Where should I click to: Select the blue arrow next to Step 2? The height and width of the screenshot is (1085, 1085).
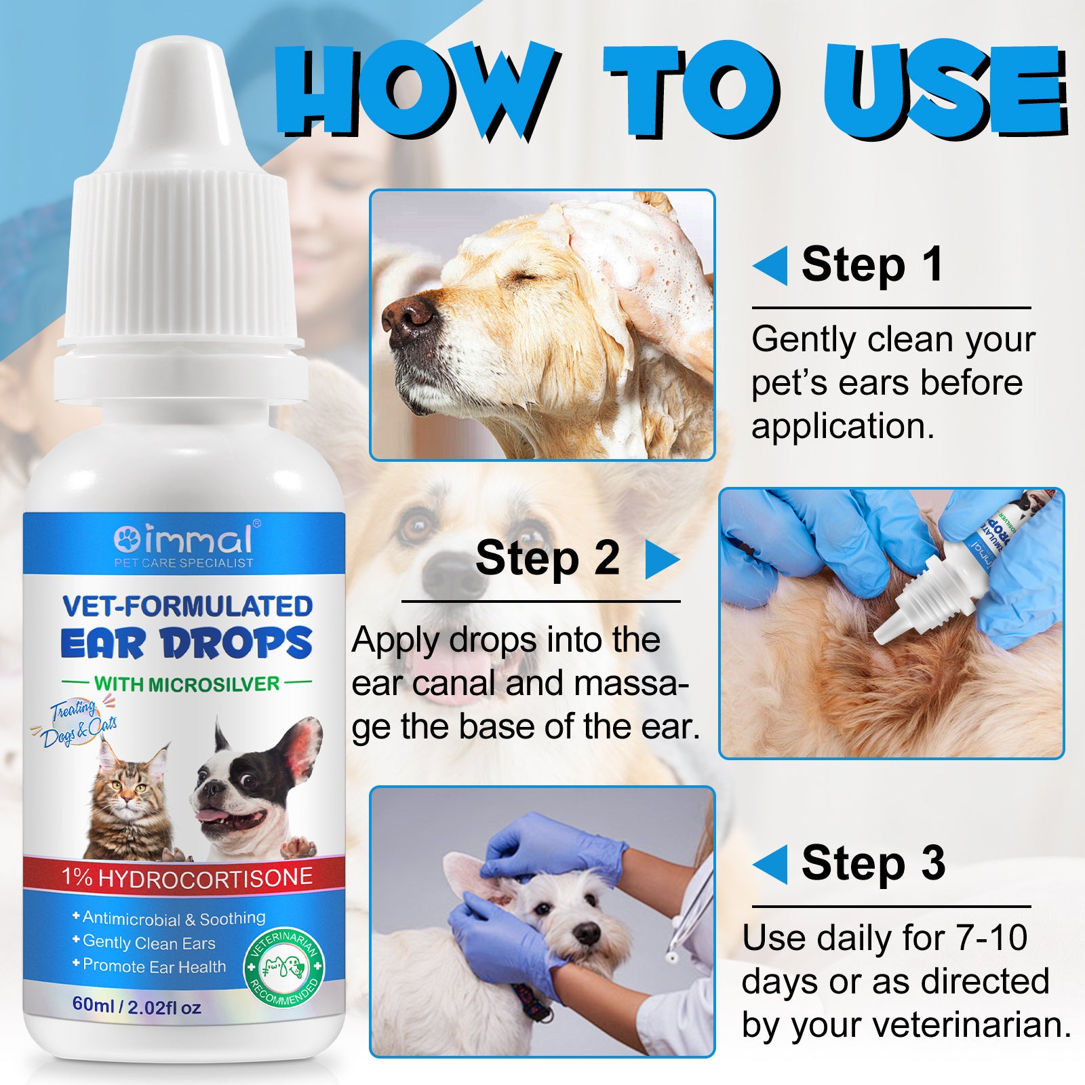pos(661,559)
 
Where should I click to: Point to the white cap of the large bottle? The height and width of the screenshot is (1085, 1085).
pos(180,224)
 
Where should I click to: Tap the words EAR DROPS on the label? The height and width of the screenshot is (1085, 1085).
pos(186,644)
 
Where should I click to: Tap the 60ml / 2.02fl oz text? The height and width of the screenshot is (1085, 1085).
pos(136,1006)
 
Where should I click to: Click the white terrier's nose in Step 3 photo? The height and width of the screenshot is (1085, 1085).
pos(585,934)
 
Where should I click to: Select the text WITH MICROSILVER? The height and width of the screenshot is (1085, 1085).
pos(186,684)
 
